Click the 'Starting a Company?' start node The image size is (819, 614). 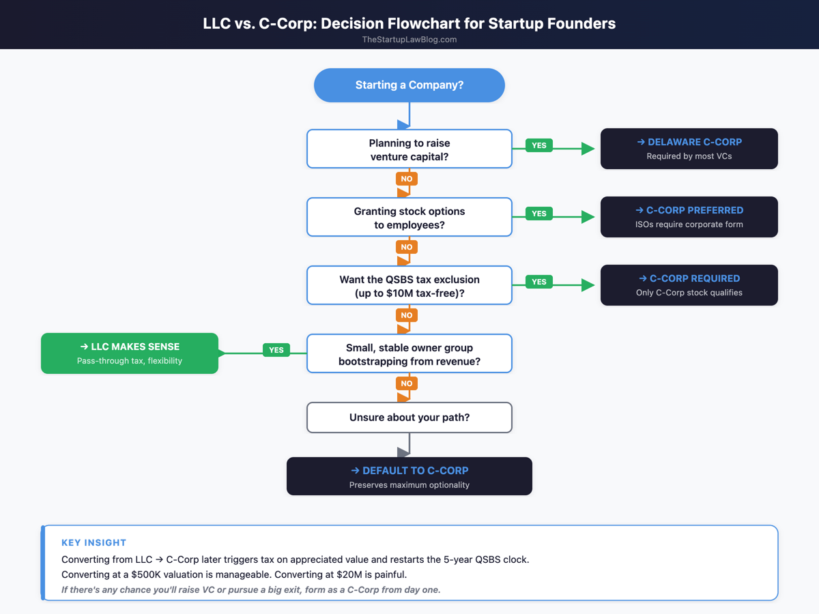coord(409,85)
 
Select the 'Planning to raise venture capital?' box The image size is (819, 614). coord(409,149)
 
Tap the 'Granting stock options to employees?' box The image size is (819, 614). coord(409,217)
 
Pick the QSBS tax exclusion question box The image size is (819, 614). coord(409,285)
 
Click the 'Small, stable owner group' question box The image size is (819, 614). coord(409,353)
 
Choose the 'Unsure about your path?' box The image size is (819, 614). coord(409,418)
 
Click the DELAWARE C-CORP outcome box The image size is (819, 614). coord(689,149)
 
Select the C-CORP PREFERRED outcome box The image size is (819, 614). coord(689,217)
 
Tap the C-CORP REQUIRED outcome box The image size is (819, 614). coord(689,285)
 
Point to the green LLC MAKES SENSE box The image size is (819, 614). coord(130,353)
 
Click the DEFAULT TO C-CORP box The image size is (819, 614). coord(409,476)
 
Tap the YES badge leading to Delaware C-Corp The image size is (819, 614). coord(539,145)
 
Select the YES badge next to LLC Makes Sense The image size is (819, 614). coord(276,350)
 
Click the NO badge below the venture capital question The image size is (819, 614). coord(407,179)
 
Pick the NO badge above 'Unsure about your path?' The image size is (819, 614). coord(407,383)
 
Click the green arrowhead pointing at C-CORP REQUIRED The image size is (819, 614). coord(588,285)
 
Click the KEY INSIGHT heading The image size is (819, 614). coord(94,543)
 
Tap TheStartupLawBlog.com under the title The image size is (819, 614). coord(409,40)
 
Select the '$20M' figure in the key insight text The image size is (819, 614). coord(350,574)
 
